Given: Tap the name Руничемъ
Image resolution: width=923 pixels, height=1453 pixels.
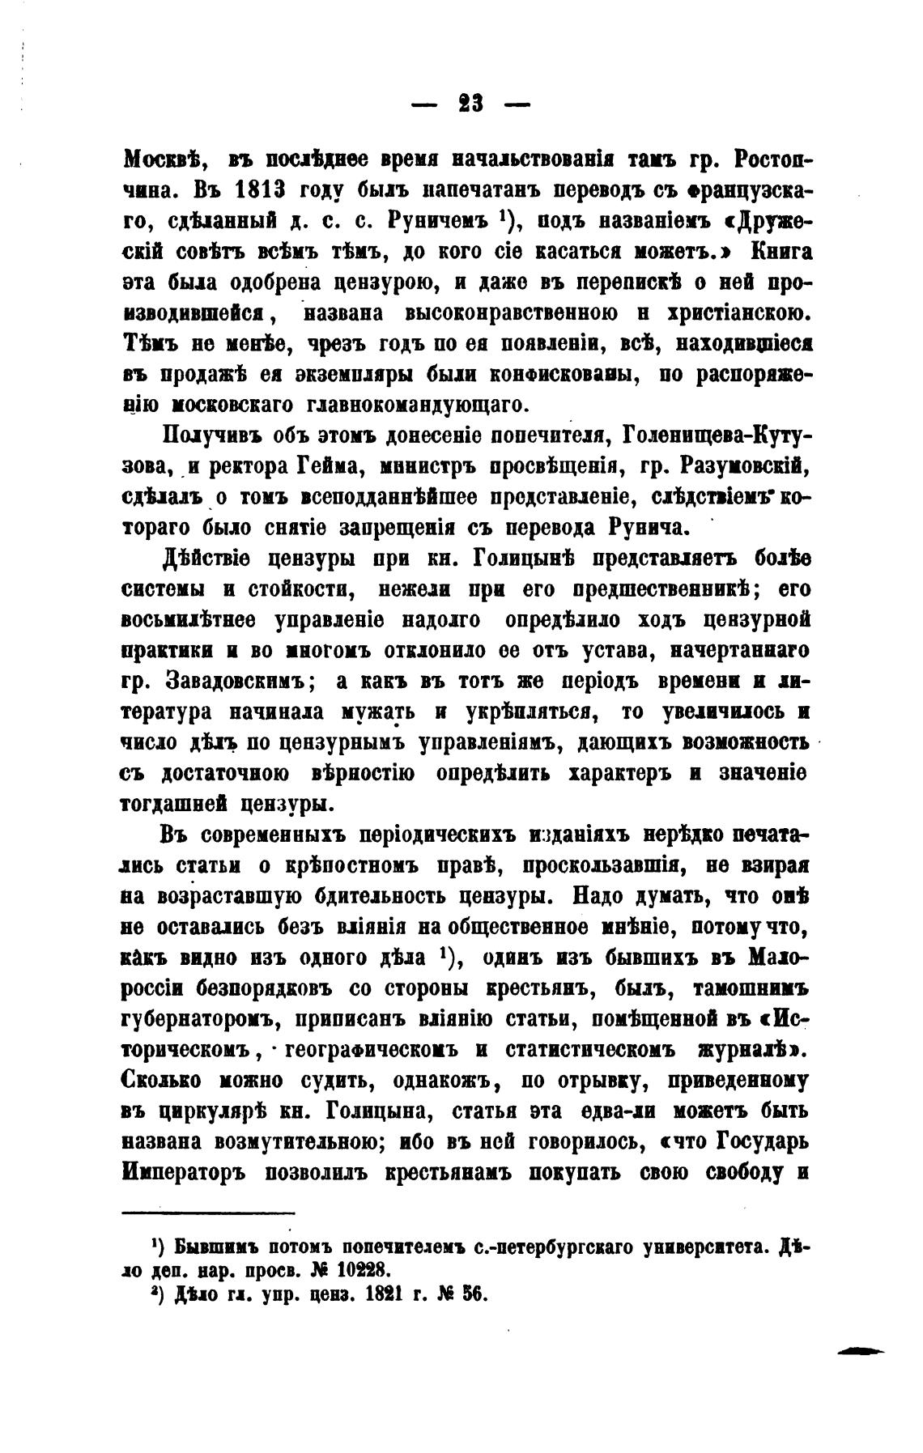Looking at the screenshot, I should pyautogui.click(x=434, y=220).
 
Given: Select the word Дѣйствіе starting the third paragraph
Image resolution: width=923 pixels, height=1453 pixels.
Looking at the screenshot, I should pyautogui.click(x=207, y=559).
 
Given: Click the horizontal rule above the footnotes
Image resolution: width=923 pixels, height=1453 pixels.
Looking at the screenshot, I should pyautogui.click(x=209, y=1213).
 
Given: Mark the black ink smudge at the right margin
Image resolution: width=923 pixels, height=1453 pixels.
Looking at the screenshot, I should pyautogui.click(x=861, y=1350).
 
